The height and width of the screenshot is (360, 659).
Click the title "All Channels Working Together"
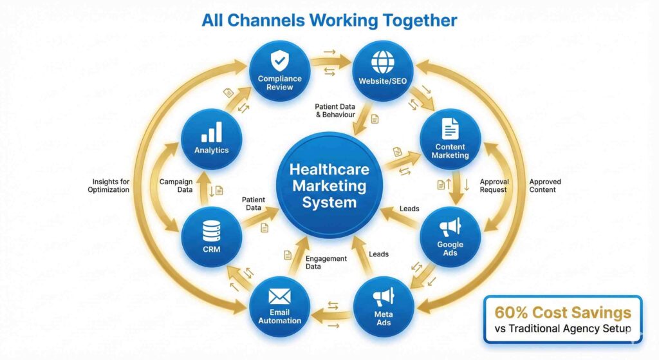(329, 20)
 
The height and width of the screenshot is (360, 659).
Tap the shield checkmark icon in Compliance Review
(279, 62)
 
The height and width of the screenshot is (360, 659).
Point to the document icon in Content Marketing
(450, 129)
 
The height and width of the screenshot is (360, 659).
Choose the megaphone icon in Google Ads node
(450, 228)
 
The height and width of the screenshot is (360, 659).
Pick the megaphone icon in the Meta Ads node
(384, 296)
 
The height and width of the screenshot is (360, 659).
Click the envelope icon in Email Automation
(279, 297)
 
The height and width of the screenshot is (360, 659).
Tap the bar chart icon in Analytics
(211, 132)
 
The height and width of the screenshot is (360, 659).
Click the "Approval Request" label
(494, 185)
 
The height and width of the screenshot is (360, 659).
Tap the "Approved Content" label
(544, 185)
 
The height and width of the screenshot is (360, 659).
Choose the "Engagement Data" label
(326, 262)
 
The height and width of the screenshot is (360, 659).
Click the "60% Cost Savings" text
(562, 313)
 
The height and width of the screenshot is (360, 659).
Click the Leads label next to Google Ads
(409, 209)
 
